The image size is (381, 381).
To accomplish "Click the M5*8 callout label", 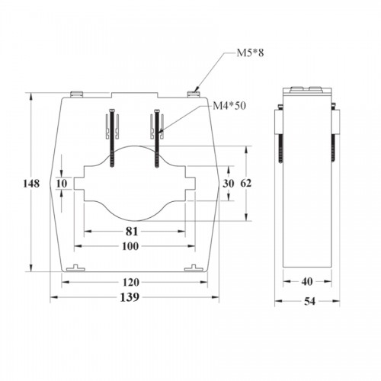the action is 250,53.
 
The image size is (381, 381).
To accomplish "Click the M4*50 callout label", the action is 229,106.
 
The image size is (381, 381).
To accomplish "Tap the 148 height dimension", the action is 31,184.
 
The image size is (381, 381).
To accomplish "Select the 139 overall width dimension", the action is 130,297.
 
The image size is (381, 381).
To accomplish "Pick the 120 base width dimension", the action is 130,282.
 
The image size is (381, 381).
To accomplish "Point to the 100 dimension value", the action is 130,246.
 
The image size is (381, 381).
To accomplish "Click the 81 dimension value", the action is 132,232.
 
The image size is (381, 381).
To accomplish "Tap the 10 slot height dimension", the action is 62,184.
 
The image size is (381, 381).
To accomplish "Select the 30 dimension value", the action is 228,184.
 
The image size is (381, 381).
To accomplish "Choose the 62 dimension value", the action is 245,183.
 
